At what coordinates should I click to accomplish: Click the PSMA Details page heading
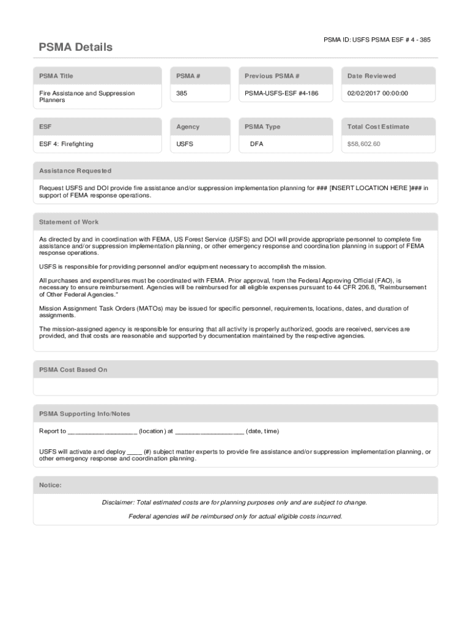coord(76,47)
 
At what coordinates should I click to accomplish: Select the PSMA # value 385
coord(182,94)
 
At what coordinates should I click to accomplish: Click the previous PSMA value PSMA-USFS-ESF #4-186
coord(281,94)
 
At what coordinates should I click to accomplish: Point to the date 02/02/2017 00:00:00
coord(377,94)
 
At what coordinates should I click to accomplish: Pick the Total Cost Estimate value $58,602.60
coord(364,144)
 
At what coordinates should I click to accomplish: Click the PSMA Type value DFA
coord(257,144)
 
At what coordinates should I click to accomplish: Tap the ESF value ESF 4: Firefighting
coord(67,144)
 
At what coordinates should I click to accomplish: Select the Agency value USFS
coord(184,144)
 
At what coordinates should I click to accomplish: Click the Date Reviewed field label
coord(371,76)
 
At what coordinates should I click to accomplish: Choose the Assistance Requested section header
coord(75,171)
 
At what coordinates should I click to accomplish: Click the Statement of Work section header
coord(69,222)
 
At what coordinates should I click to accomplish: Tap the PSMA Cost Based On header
coord(73,370)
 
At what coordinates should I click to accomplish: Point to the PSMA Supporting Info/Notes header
coord(84,414)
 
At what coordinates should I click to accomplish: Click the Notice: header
coord(50,485)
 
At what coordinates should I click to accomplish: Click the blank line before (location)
coord(102,432)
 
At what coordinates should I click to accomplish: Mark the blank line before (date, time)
coord(209,432)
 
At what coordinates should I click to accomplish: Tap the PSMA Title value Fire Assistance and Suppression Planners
coord(87,97)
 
